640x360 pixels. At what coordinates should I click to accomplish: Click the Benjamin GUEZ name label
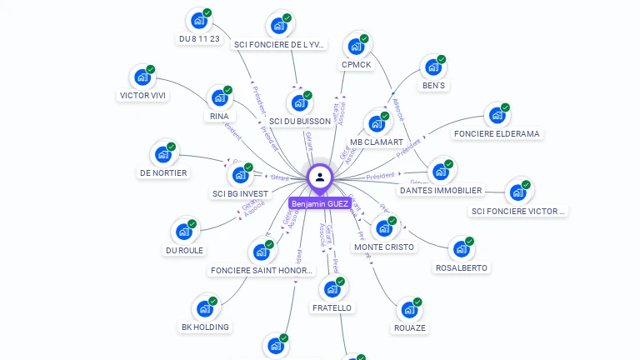320,203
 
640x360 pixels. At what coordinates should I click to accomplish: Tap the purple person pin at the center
320,177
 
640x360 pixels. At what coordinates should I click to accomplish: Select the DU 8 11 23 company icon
198,20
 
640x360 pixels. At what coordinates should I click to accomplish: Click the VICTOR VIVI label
142,95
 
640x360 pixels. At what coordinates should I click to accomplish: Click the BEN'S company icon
432,67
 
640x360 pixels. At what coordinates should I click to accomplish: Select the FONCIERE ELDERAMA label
497,133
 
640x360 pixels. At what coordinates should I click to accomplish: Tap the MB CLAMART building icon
377,124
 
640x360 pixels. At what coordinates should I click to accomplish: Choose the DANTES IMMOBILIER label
440,190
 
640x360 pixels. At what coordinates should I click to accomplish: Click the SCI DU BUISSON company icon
299,103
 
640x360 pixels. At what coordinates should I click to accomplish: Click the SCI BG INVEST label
240,193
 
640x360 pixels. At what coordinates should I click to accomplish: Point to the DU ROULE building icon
184,232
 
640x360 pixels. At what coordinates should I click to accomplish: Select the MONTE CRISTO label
383,247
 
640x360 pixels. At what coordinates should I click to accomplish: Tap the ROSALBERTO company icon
461,248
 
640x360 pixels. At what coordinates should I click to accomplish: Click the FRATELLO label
332,307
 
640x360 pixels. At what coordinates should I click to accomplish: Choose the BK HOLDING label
205,327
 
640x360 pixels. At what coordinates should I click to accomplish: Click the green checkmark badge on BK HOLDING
212,301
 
